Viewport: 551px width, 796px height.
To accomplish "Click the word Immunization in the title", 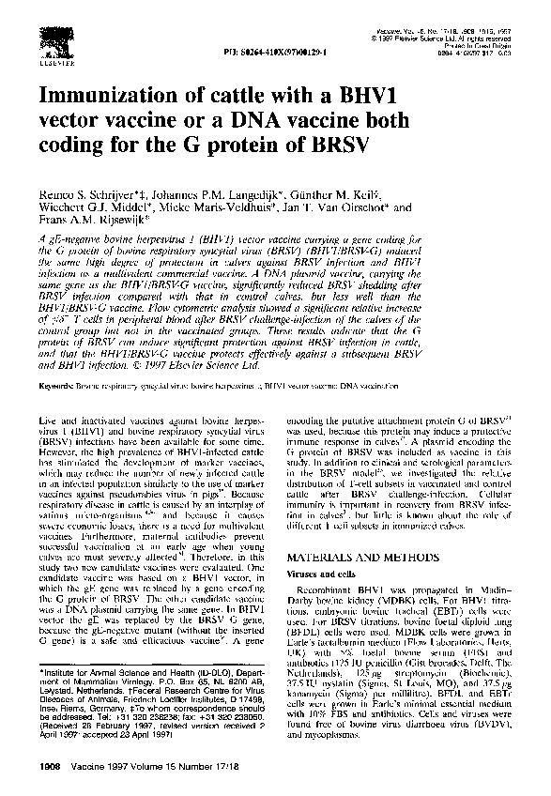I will coord(112,97).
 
